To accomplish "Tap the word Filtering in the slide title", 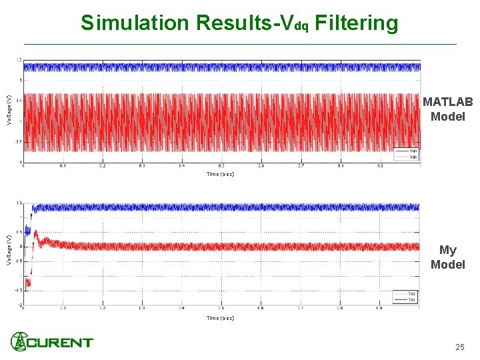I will click(356, 23).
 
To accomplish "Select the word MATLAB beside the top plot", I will click(447, 102).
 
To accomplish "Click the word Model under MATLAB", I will click(447, 117).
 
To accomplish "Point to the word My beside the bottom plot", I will click(447, 250).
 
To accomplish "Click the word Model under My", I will click(447, 265).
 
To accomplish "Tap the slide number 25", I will click(459, 347).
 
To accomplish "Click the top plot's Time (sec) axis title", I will click(220, 174).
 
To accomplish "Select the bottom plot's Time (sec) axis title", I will click(220, 318).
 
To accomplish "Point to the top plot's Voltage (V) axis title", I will click(9, 110).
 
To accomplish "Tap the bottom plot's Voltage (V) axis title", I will click(9, 249).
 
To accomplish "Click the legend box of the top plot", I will click(407, 153).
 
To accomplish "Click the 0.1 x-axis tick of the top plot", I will click(63, 166).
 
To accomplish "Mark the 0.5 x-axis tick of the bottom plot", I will click(221, 308).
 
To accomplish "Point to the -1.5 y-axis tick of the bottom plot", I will click(19, 291).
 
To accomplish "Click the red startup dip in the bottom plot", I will click(28, 283).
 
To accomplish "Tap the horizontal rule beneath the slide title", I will click(240, 44).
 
